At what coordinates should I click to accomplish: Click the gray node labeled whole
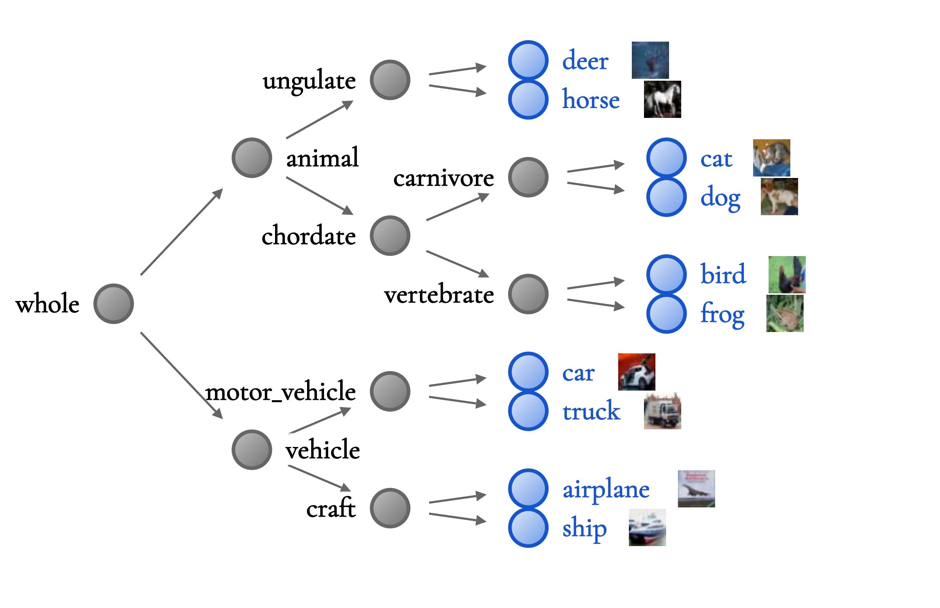pyautogui.click(x=114, y=304)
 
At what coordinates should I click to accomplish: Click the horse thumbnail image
pyautogui.click(x=662, y=99)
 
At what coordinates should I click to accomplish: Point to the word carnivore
pyautogui.click(x=443, y=178)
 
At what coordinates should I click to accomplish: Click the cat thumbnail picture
pyautogui.click(x=771, y=158)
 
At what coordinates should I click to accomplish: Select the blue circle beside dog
pyautogui.click(x=666, y=197)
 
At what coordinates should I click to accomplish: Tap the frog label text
pyautogui.click(x=723, y=314)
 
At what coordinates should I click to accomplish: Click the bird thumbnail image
pyautogui.click(x=787, y=275)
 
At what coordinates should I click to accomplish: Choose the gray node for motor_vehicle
pyautogui.click(x=390, y=391)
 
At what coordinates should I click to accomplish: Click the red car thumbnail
pyautogui.click(x=636, y=372)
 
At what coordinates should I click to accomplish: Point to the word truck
pyautogui.click(x=591, y=411)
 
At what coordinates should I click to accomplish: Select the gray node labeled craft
pyautogui.click(x=390, y=508)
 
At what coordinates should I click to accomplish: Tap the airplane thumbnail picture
pyautogui.click(x=696, y=489)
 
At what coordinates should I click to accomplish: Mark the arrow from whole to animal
pyautogui.click(x=182, y=232)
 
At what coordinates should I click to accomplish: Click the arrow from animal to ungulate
pyautogui.click(x=319, y=120)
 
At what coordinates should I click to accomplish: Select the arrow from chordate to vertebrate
pyautogui.click(x=457, y=264)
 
